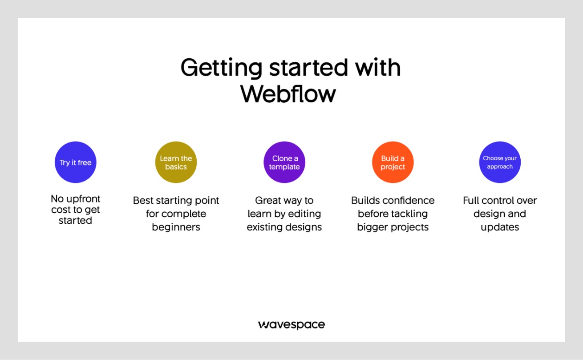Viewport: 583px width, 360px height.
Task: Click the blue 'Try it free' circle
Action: point(76,162)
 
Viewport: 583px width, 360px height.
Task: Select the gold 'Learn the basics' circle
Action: point(176,162)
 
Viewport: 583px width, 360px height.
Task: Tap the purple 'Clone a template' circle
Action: point(284,162)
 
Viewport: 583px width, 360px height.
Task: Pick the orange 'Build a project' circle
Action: point(393,162)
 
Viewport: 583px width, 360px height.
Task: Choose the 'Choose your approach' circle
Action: point(500,162)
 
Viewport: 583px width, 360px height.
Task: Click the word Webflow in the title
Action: point(288,94)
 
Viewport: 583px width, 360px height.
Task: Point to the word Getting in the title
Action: point(221,68)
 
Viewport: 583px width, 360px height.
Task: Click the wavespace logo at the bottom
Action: point(291,325)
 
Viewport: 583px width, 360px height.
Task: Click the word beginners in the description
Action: point(176,227)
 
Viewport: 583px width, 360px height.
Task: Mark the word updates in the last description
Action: point(500,227)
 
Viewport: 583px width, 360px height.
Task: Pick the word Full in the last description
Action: point(471,200)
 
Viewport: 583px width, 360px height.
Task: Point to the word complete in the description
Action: point(184,214)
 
